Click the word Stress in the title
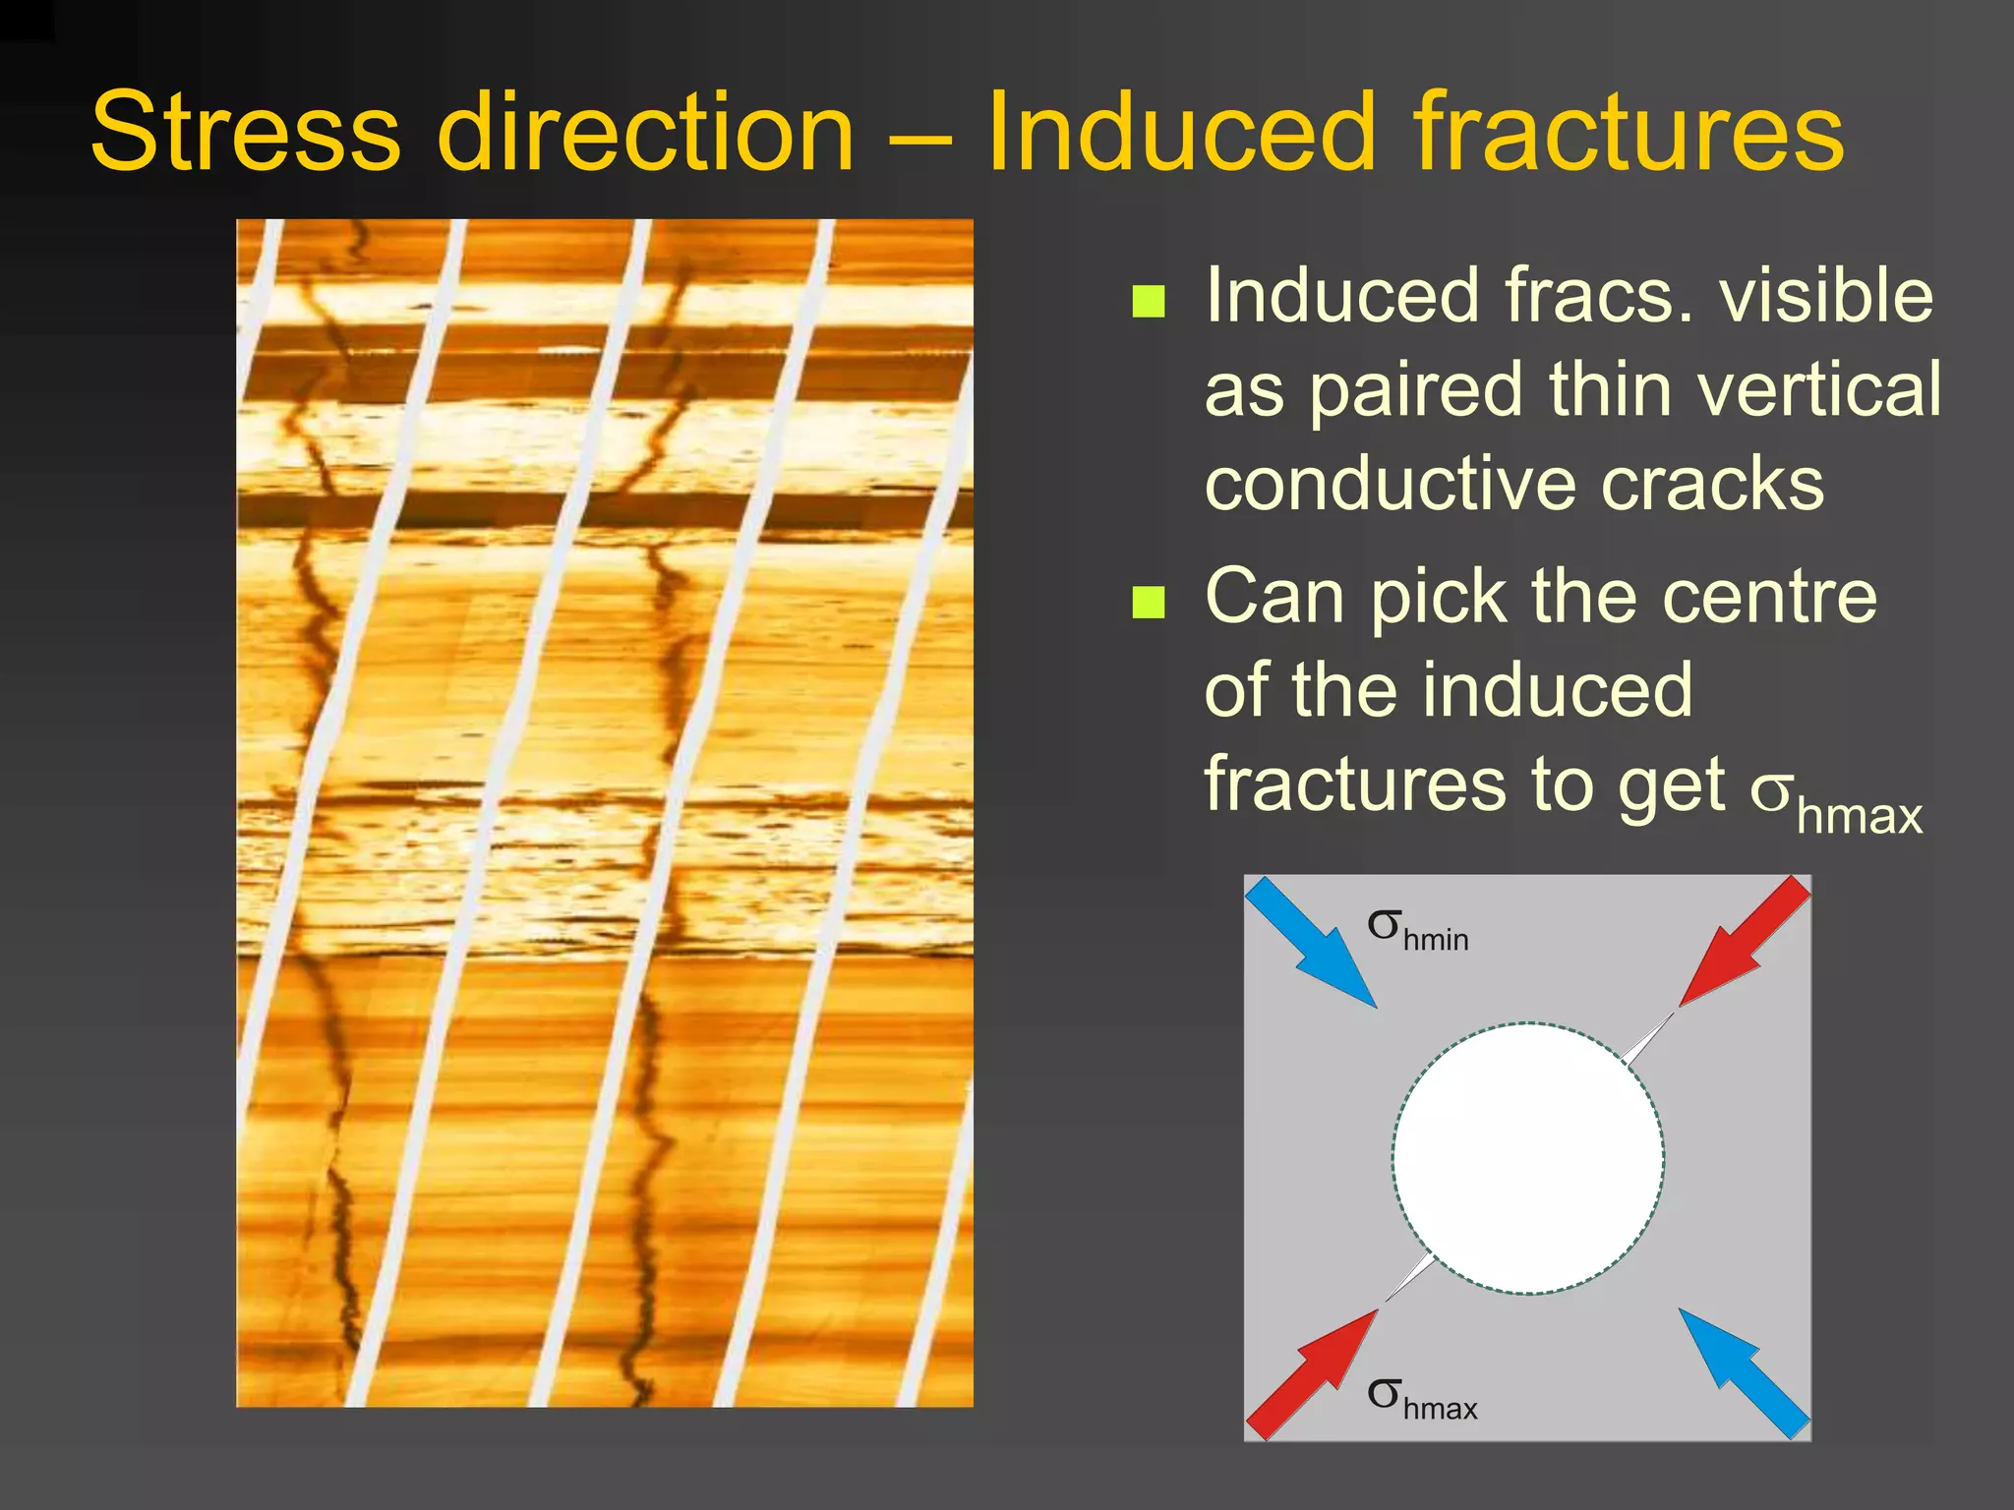pyautogui.click(x=246, y=133)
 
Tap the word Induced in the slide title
pyautogui.click(x=1180, y=133)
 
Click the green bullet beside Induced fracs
pyautogui.click(x=1149, y=302)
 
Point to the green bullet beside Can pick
pyautogui.click(x=1149, y=602)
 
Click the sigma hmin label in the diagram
pyautogui.click(x=1417, y=930)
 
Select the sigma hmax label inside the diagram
pyautogui.click(x=1421, y=1399)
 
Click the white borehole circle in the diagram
pyautogui.click(x=1527, y=1158)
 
